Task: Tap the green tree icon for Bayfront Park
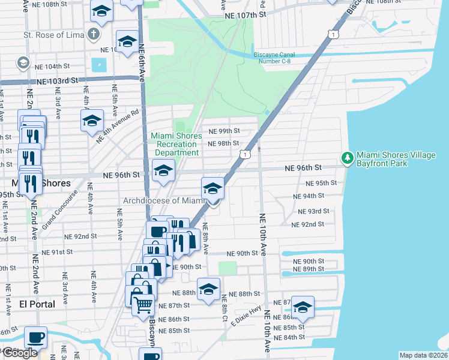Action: pyautogui.click(x=347, y=158)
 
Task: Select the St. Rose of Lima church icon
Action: pyautogui.click(x=93, y=34)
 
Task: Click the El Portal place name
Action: pyautogui.click(x=37, y=304)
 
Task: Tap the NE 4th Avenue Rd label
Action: pyautogui.click(x=118, y=125)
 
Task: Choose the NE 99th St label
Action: pyautogui.click(x=224, y=131)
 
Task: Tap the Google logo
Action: pyautogui.click(x=20, y=353)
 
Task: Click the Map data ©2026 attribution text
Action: pyautogui.click(x=423, y=355)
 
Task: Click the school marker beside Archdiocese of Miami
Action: pyautogui.click(x=212, y=188)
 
